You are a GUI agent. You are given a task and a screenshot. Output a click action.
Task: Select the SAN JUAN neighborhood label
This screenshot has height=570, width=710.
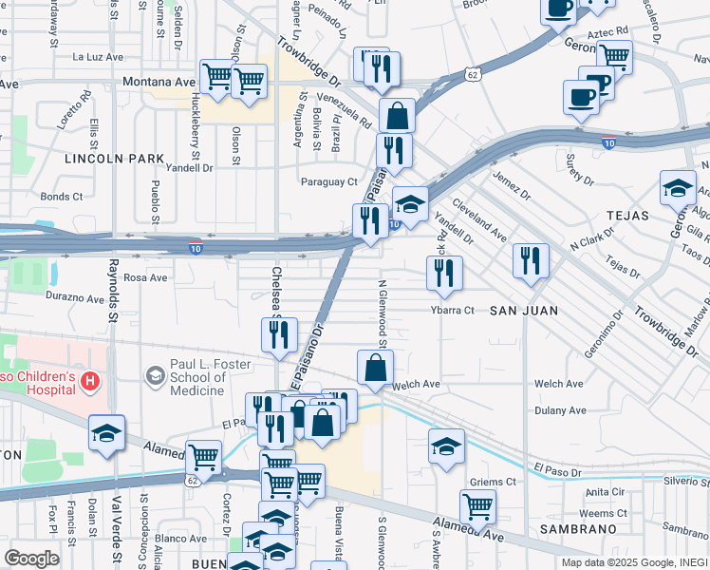pos(522,311)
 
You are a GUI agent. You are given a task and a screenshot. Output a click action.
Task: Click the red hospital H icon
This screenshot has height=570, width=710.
pos(90,382)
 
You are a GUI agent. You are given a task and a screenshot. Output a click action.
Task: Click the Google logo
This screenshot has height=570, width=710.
pos(31,559)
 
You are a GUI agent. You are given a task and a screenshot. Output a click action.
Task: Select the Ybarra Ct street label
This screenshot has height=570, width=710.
pos(452,310)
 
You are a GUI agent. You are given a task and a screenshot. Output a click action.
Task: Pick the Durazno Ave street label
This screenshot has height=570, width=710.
pos(74,298)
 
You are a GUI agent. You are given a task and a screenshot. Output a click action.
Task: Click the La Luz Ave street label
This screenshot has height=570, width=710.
pos(98,57)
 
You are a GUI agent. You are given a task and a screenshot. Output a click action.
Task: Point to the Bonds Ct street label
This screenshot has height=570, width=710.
pos(62,197)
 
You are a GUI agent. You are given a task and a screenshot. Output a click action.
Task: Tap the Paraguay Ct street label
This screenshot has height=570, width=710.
pos(328,181)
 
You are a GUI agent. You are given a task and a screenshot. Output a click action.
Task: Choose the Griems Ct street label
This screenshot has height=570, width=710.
pos(497,482)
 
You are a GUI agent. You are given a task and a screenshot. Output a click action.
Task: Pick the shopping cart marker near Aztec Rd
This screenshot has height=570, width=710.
pos(614,56)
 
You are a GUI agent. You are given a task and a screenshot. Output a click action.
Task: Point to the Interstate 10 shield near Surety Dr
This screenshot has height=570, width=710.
pos(608,143)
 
